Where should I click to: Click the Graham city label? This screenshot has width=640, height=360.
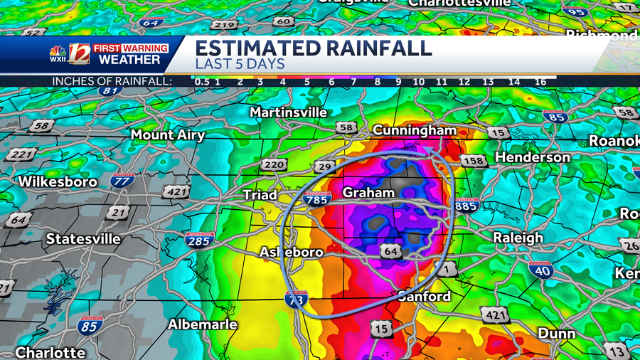point(368,193)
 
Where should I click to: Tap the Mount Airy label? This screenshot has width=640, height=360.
point(168,134)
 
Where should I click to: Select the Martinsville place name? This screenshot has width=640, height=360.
point(288,112)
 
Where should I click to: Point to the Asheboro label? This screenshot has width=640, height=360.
point(292,252)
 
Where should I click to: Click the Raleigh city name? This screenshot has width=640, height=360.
point(518,238)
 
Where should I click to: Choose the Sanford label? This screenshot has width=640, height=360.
point(424,296)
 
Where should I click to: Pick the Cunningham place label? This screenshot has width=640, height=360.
point(415,130)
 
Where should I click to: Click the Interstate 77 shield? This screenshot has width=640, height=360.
point(122,181)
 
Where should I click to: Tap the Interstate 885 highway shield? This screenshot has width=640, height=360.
point(466,206)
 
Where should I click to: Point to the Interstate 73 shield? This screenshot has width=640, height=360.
point(297,298)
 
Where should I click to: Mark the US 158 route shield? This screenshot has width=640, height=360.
point(473,161)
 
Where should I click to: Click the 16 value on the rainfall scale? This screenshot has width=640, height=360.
point(540,82)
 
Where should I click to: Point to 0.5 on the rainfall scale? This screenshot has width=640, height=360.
point(202,82)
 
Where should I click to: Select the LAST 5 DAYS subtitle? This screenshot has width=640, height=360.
point(240,63)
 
